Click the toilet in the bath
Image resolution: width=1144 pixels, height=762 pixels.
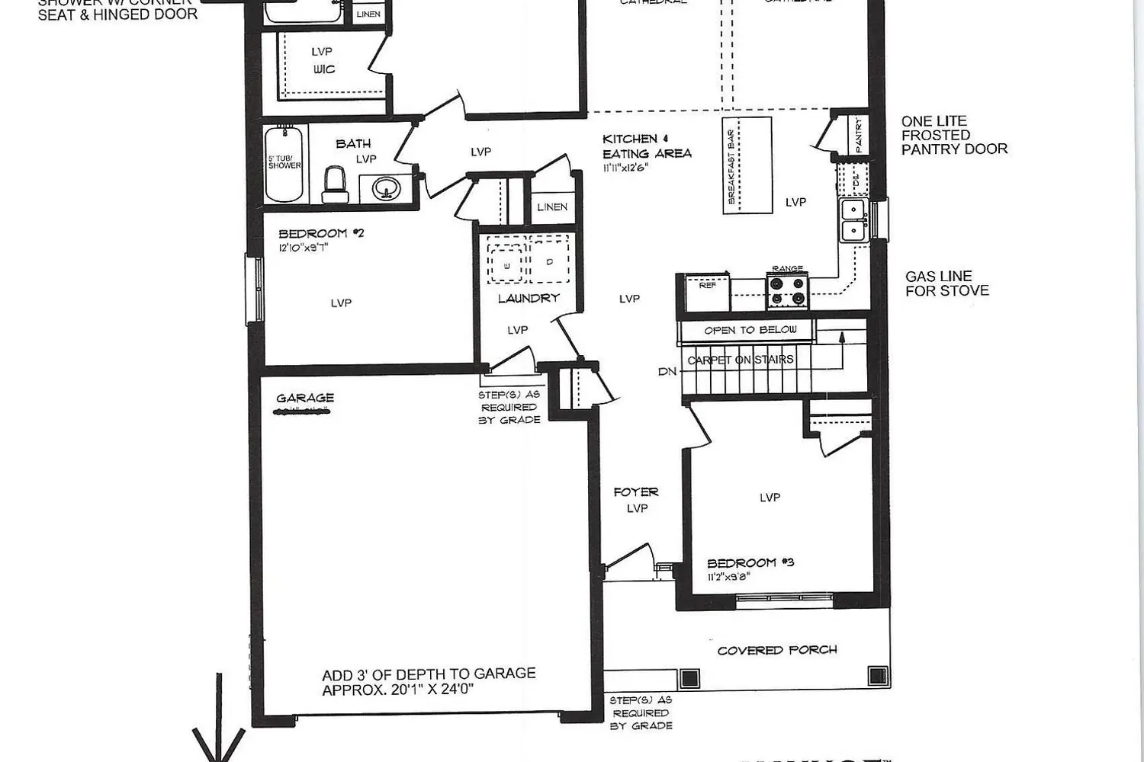335,185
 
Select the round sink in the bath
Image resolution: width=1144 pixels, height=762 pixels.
386,187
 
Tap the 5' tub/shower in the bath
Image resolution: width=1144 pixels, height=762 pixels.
284,164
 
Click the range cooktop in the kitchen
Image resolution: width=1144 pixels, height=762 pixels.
787,291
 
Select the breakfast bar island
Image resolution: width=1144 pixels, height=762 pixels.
747,165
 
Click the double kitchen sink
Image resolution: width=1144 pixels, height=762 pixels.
853,219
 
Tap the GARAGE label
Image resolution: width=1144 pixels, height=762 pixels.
305,398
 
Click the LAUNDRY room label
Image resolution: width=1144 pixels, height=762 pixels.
529,298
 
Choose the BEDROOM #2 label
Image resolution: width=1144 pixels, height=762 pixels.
321,233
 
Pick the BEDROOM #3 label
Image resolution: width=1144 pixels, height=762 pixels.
750,562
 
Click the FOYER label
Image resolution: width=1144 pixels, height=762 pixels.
635,492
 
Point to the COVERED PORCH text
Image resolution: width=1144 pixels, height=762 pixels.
777,650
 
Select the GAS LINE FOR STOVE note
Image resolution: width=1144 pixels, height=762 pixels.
947,283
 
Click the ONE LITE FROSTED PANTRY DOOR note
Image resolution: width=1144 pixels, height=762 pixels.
954,135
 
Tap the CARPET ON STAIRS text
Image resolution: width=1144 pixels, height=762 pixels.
741,360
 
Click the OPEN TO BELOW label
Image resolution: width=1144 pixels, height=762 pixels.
750,330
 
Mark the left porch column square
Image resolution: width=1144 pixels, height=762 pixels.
689,677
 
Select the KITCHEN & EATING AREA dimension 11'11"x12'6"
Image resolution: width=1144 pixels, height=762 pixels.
625,168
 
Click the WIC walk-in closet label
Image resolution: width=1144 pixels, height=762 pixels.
324,69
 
